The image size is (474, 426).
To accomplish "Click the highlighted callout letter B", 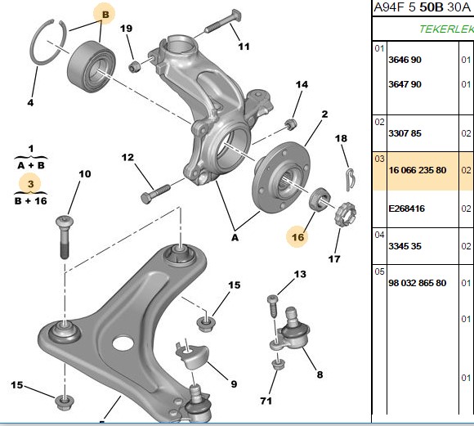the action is point(105,14).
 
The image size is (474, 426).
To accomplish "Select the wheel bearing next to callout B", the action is point(91,65).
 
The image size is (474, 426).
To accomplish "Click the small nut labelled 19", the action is point(135,66).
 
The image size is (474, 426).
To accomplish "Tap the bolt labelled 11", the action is point(223,21).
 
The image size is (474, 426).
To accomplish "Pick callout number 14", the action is point(302,84).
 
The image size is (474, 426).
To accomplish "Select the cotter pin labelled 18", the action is point(351,180).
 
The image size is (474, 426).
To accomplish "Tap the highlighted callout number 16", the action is point(297,237).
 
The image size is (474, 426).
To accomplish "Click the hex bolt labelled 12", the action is point(155,194).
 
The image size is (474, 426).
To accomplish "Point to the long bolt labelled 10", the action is point(65,237).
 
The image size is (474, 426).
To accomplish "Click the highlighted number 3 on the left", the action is point(30,184).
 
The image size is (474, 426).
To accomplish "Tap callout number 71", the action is point(266,401).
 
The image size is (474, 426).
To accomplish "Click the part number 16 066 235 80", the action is point(417,170).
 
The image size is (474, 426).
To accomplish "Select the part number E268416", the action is point(407,209).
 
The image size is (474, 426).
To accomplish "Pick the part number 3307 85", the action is point(405,133).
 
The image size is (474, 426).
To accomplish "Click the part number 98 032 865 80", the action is point(417,283).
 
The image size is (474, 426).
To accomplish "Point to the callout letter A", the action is point(235,238).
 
